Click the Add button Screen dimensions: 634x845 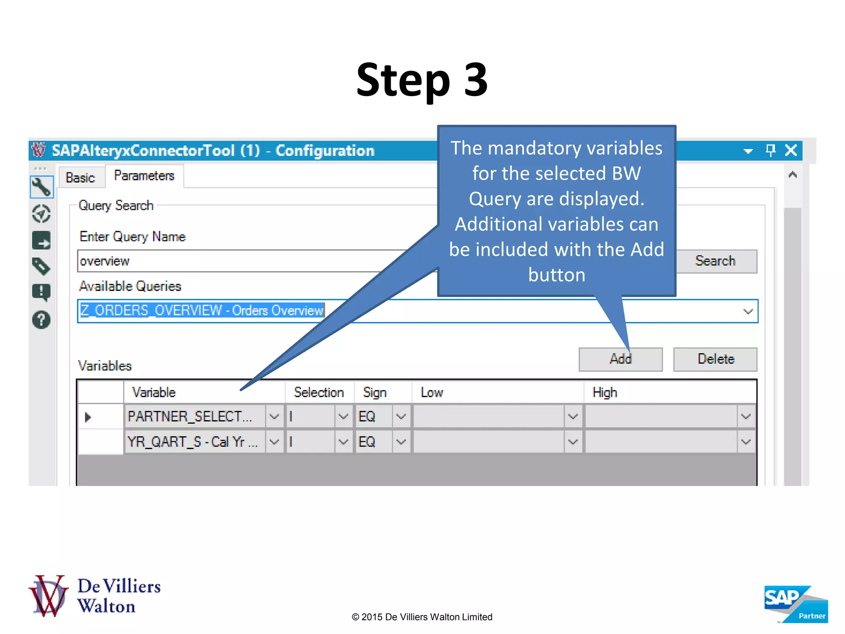tap(620, 359)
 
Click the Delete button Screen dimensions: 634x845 tap(715, 359)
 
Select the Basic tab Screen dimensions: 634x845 tap(80, 177)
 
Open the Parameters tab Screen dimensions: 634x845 tap(144, 176)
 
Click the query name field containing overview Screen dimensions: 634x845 tap(239, 261)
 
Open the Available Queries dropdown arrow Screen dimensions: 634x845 tap(748, 311)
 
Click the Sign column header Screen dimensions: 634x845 tap(375, 392)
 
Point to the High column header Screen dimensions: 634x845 tap(604, 392)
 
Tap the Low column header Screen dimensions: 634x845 tap(432, 392)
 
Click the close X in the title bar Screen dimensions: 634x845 tap(791, 150)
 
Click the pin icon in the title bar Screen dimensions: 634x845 tap(770, 150)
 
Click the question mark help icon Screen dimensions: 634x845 tap(41, 319)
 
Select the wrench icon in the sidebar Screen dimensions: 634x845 tap(41, 187)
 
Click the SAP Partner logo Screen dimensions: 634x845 tap(795, 604)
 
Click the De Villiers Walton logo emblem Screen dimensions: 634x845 tap(48, 596)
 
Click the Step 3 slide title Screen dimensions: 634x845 tap(422, 80)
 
